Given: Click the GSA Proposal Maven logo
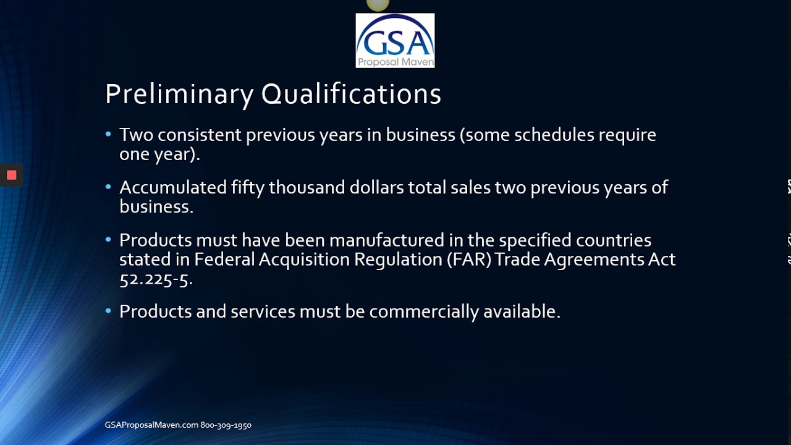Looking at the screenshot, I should point(395,40).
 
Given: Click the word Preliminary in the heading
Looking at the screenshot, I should point(179,95).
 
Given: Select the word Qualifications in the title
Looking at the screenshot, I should point(351,95).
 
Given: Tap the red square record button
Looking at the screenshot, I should point(11,175).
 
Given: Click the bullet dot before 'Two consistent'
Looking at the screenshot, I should point(109,134).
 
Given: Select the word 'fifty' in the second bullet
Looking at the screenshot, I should point(248,187).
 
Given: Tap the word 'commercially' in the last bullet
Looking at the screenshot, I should point(424,311).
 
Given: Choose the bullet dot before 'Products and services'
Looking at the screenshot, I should point(109,311).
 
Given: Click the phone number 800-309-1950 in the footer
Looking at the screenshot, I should point(226,425).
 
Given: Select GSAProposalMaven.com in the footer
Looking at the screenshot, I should point(151,425).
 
